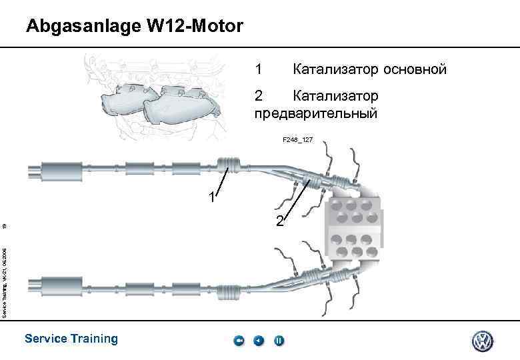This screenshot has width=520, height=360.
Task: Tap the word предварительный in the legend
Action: click(316, 113)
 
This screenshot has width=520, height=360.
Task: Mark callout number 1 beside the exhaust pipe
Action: click(211, 198)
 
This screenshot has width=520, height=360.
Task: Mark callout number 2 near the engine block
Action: click(280, 221)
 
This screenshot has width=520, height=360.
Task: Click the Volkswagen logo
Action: click(482, 341)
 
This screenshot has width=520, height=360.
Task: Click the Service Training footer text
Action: click(71, 339)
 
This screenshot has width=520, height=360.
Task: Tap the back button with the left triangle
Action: click(259, 341)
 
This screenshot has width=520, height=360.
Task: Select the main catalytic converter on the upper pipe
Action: click(229, 165)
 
